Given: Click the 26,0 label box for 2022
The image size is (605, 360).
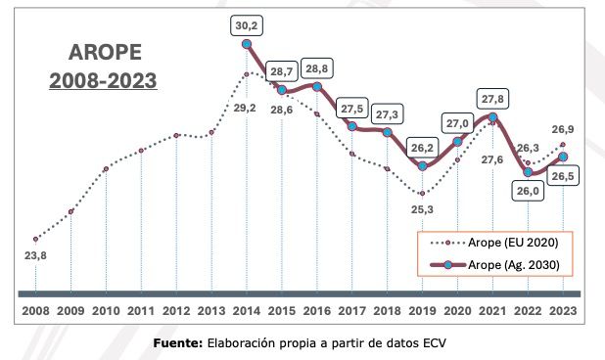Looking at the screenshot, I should pos(530,192).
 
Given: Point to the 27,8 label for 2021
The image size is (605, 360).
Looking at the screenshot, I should pos(494,98).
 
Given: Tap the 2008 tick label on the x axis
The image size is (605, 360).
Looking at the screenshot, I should pos(36,310).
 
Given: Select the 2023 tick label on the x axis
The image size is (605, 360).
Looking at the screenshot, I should pos(564,310).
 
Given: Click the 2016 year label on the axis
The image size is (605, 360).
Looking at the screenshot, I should pos(317,310).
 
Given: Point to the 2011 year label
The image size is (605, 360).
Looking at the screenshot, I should pos(142,310).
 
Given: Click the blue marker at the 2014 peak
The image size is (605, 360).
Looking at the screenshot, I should pos(247,43).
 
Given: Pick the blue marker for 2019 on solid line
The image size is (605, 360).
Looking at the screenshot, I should pos(423,165).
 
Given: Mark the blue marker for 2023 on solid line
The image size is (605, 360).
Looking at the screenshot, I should pos(563,157).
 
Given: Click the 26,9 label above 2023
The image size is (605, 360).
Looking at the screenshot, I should pos(562,127).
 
